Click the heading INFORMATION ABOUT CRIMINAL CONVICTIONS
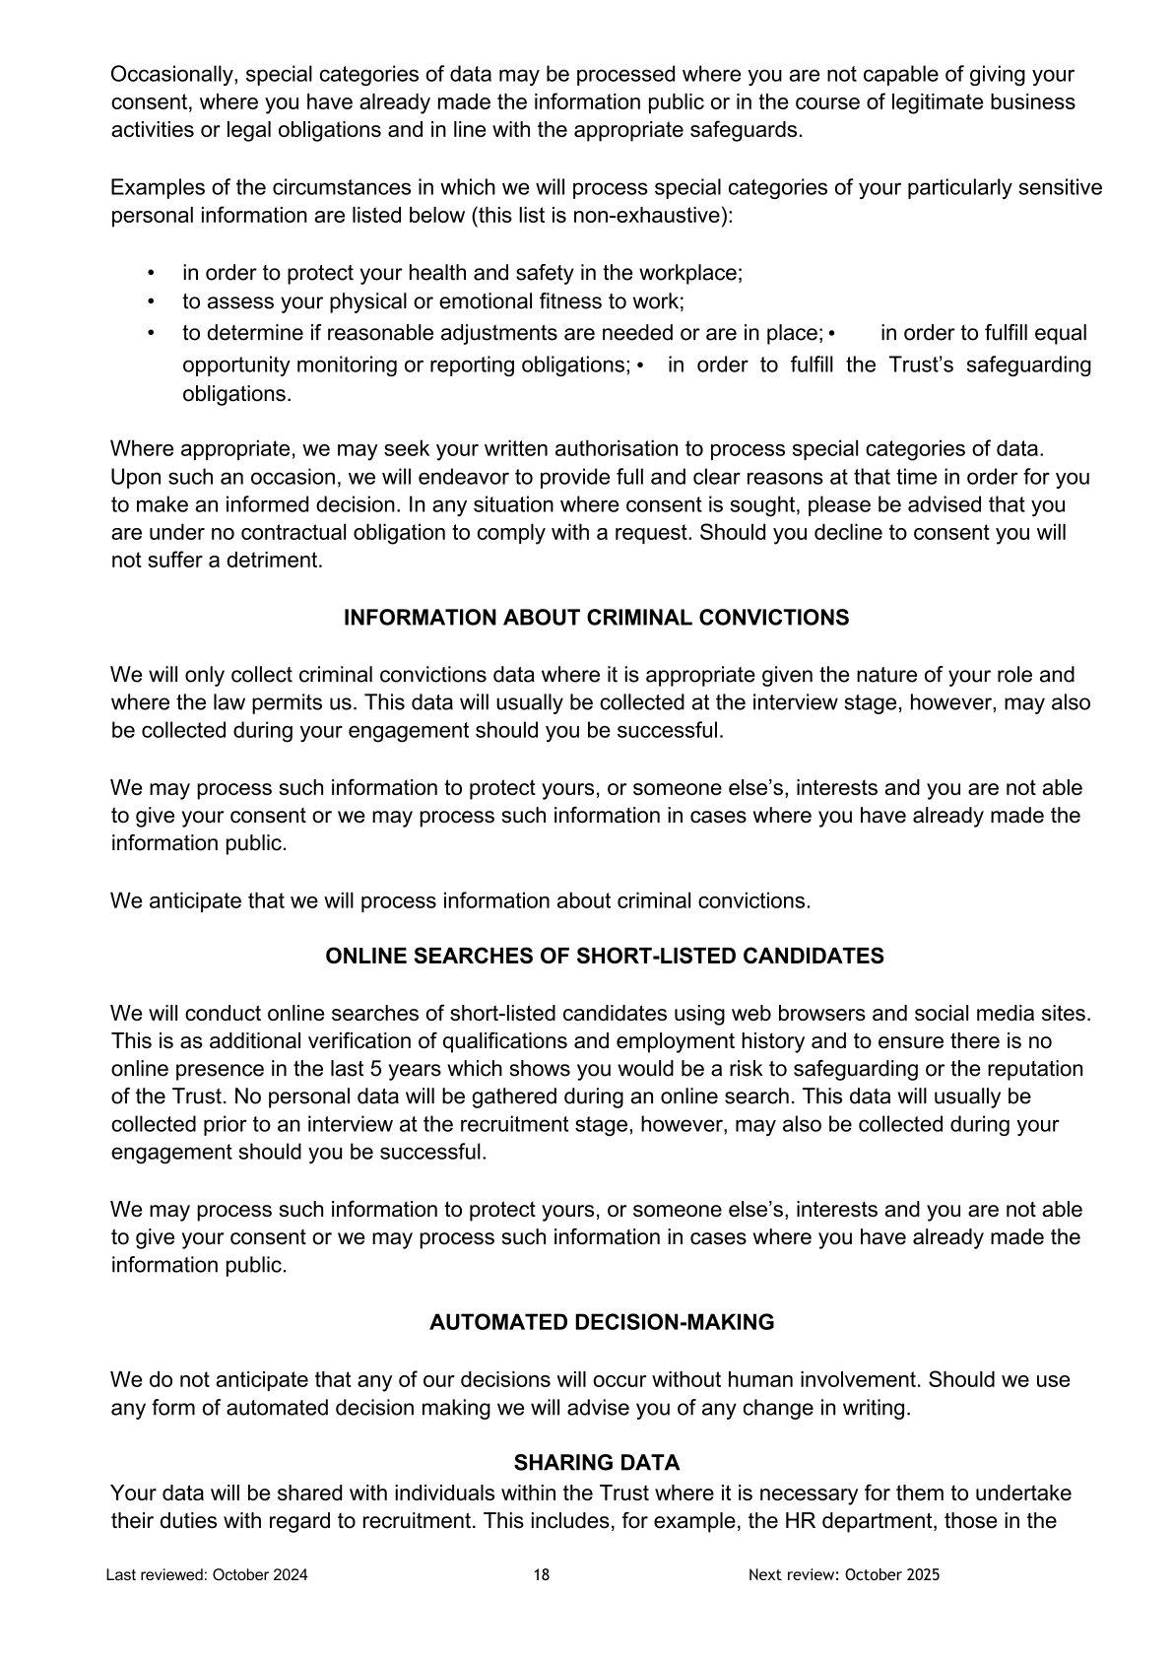point(596,618)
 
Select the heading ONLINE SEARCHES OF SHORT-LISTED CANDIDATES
point(604,957)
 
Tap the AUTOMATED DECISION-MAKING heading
point(602,1322)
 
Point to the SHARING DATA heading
point(597,1462)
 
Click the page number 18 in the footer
point(542,1574)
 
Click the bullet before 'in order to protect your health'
point(151,274)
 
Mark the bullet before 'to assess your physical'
point(151,301)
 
